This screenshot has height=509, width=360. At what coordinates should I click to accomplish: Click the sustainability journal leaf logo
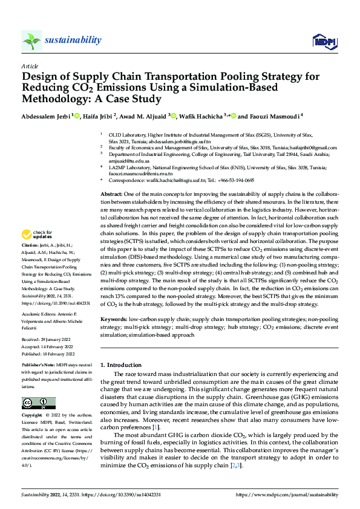(x=31, y=41)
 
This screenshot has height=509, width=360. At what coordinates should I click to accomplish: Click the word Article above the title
(x=29, y=66)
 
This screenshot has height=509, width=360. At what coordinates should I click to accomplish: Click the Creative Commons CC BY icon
(x=38, y=403)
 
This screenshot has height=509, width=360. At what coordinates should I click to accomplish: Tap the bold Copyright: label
(x=33, y=416)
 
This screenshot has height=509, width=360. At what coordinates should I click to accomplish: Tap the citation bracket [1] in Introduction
(x=155, y=427)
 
